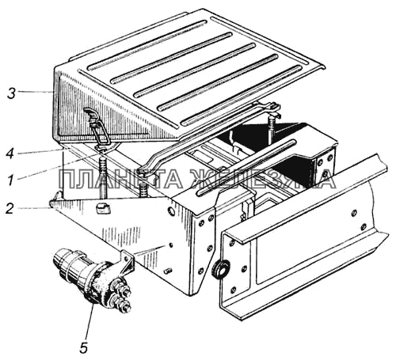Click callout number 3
(x=11, y=93)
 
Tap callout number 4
(x=10, y=153)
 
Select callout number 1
(x=10, y=180)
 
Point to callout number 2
(x=10, y=208)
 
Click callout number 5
(x=83, y=347)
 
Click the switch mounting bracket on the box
(x=127, y=263)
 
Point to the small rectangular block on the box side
(x=102, y=210)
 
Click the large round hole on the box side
(x=171, y=211)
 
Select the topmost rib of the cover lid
(x=145, y=44)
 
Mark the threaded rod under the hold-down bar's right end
(x=272, y=127)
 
